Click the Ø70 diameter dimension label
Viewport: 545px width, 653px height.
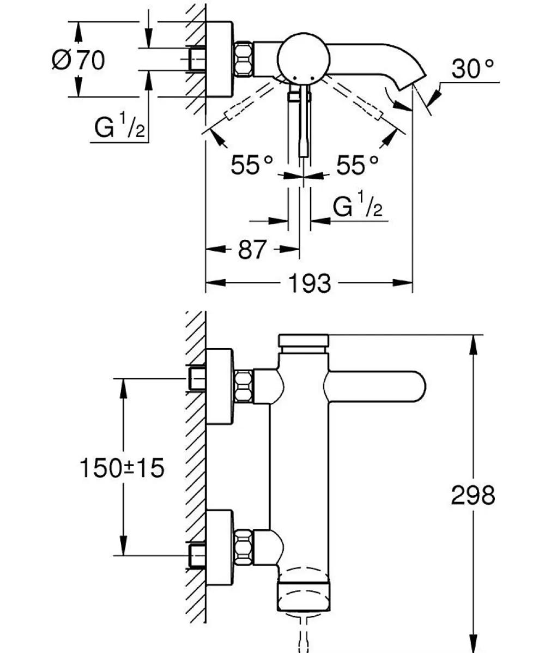point(78,60)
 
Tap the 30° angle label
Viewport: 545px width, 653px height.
point(473,69)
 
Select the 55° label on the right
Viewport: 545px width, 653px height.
point(358,165)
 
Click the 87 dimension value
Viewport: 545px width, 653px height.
point(251,250)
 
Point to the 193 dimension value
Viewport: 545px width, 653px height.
point(310,283)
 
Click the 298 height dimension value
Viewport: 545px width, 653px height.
point(473,495)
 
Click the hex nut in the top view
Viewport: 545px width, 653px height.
point(244,59)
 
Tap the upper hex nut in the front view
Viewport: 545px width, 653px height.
point(244,386)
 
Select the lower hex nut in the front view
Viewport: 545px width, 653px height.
point(244,546)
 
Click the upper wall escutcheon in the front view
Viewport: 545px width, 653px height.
point(220,386)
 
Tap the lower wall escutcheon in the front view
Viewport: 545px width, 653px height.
point(220,546)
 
